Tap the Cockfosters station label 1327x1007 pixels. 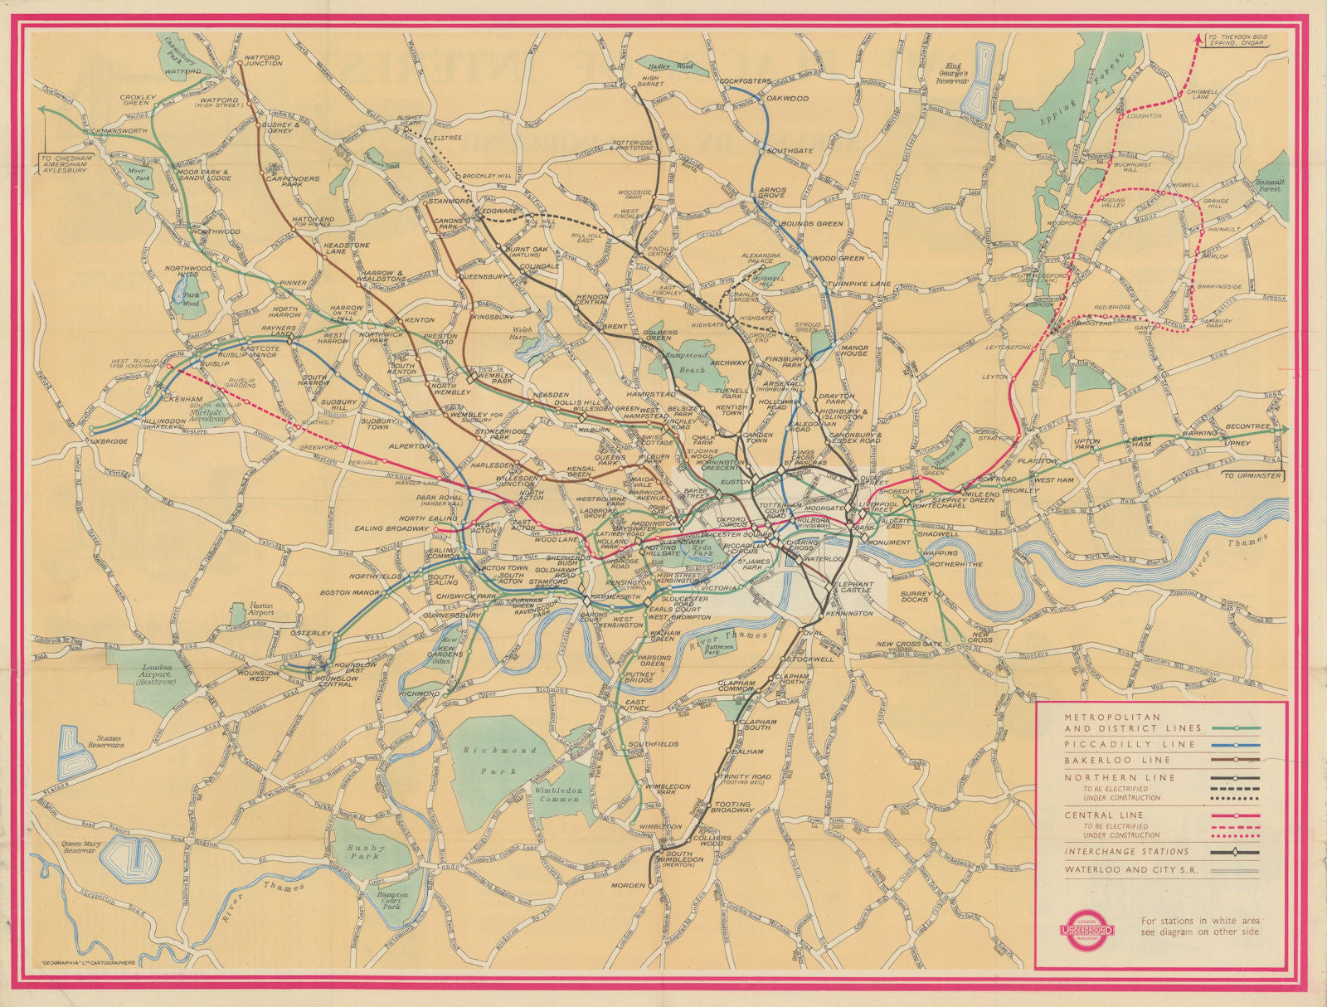[745, 81]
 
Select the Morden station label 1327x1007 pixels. [628, 886]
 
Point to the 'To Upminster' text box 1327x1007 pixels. [1254, 476]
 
